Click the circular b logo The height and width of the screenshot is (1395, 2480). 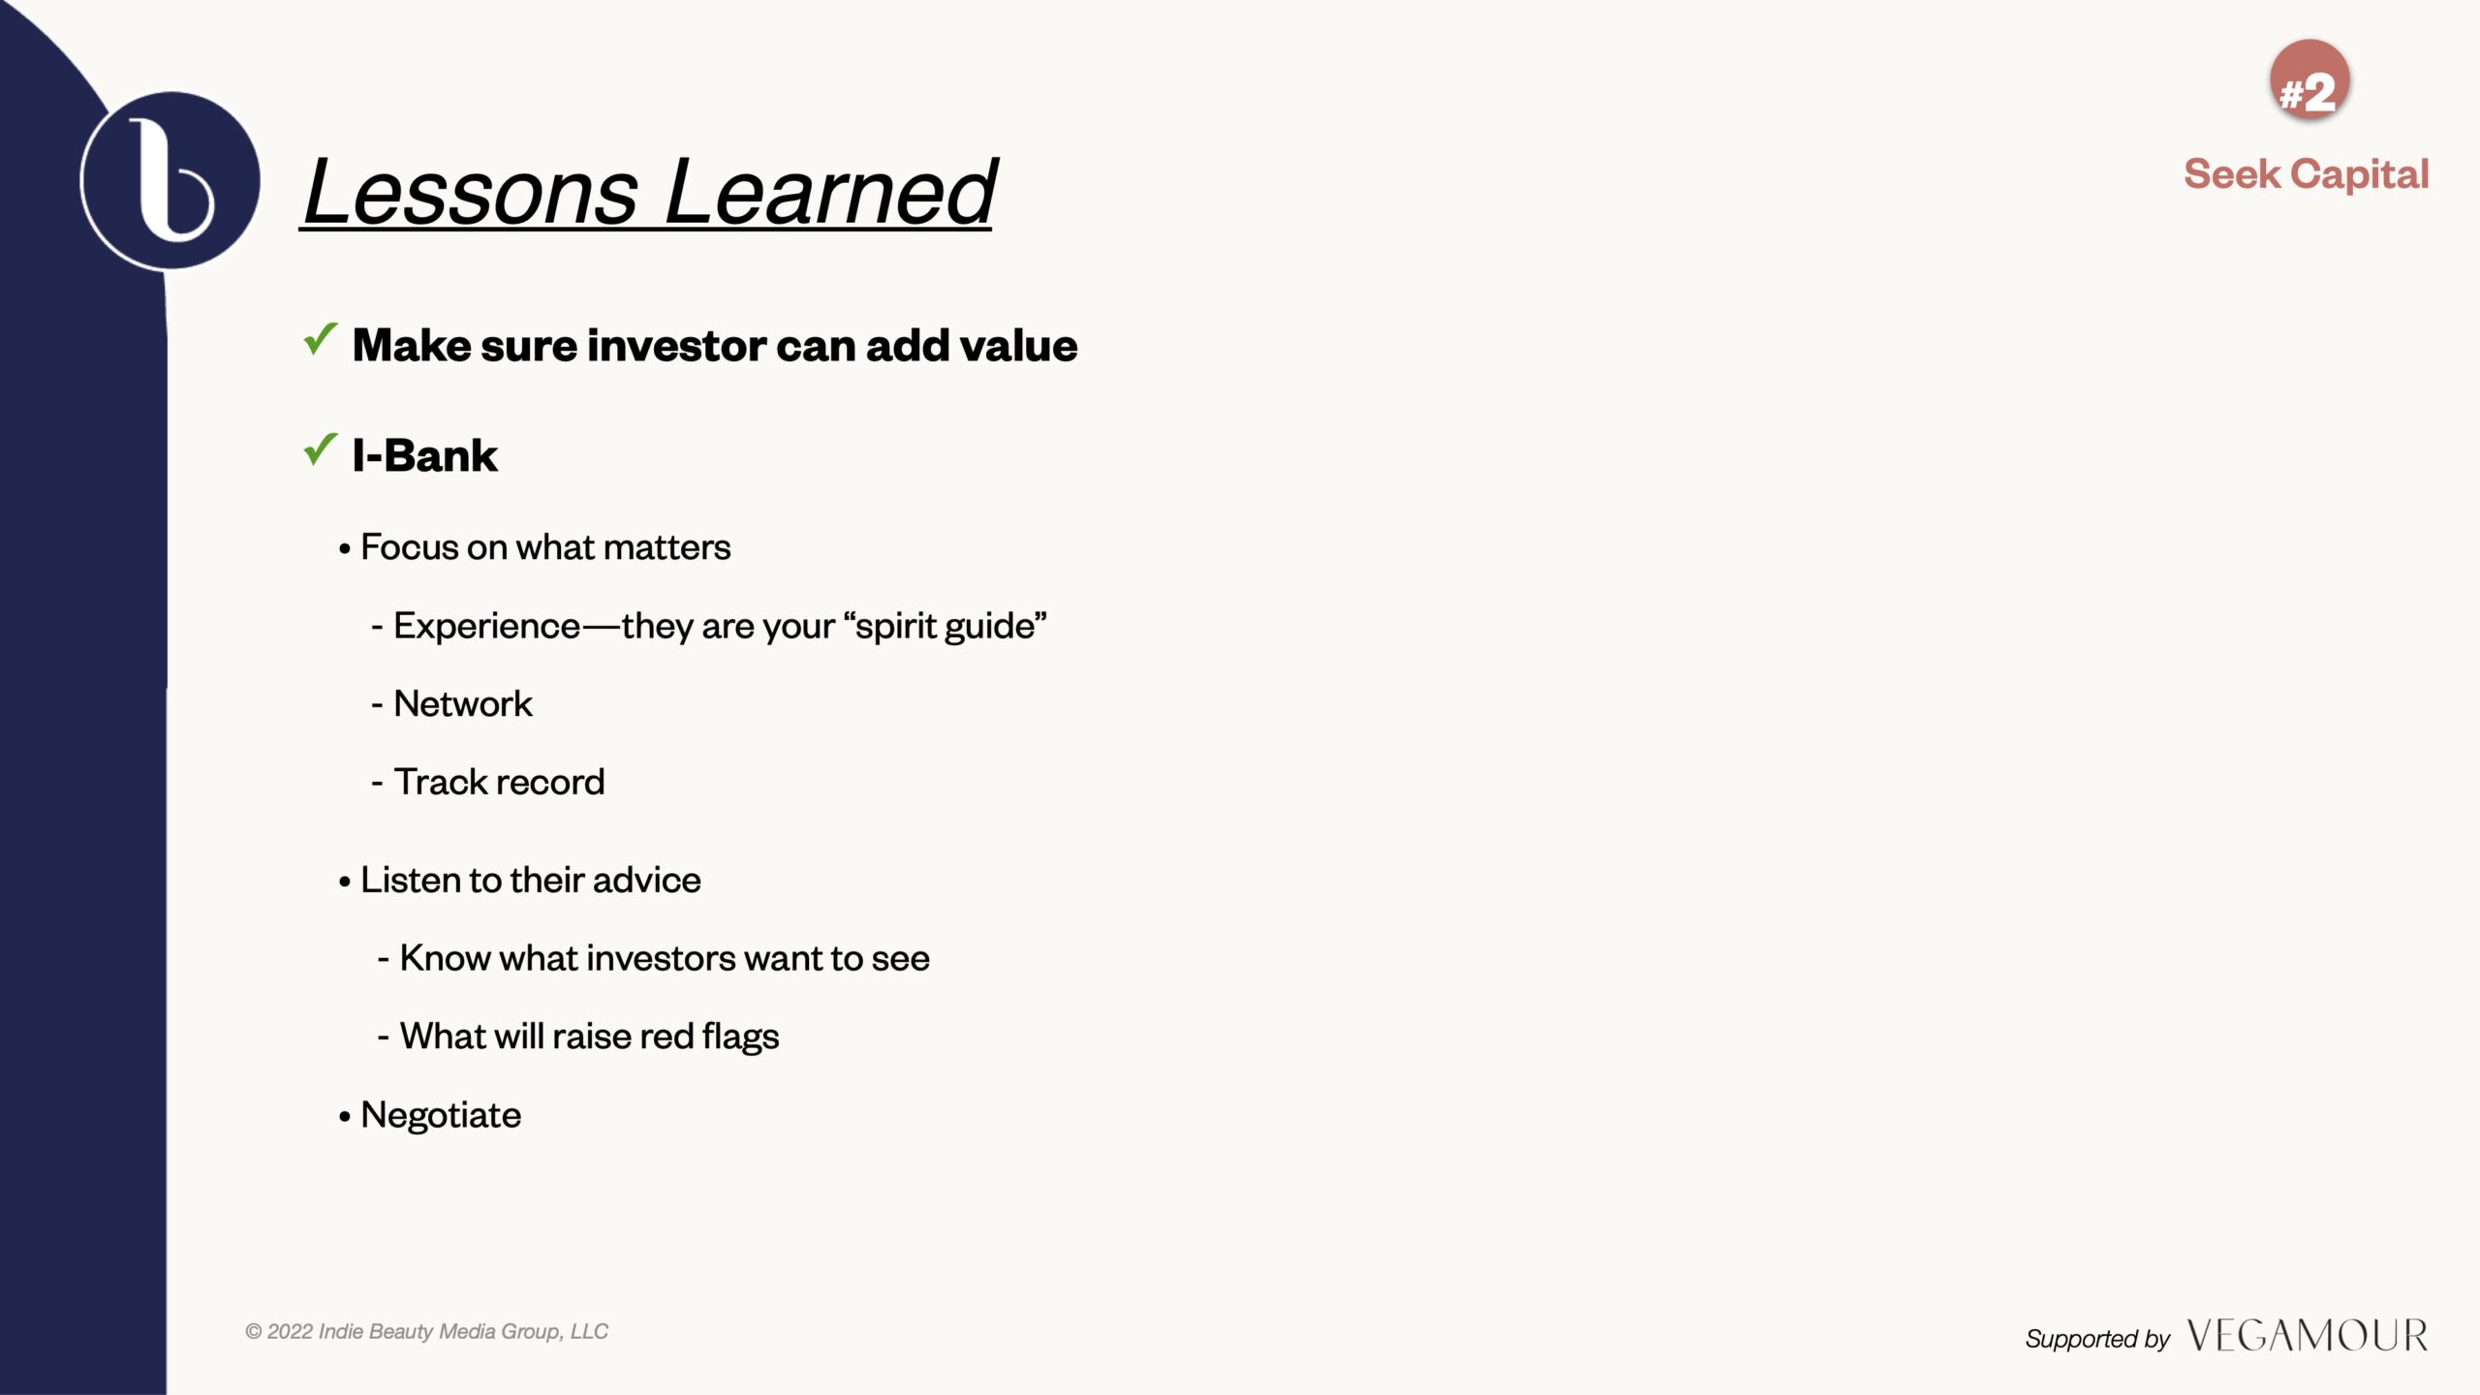pyautogui.click(x=170, y=180)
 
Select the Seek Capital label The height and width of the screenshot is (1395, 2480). pyautogui.click(x=2307, y=174)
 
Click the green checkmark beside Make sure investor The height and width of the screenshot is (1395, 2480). pyautogui.click(x=321, y=339)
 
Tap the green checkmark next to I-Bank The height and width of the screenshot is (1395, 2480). pyautogui.click(x=321, y=449)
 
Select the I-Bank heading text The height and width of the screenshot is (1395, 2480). pyautogui.click(x=424, y=455)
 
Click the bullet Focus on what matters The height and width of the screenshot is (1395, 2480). pyautogui.click(x=535, y=547)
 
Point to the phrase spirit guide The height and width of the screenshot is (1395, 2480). pyautogui.click(x=945, y=627)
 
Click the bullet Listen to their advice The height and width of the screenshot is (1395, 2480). pyautogui.click(x=519, y=881)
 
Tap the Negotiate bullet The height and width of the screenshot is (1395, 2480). pyautogui.click(x=430, y=1116)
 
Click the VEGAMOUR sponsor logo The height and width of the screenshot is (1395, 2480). pyautogui.click(x=2307, y=1336)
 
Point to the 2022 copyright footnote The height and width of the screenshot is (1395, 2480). pyautogui.click(x=426, y=1332)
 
